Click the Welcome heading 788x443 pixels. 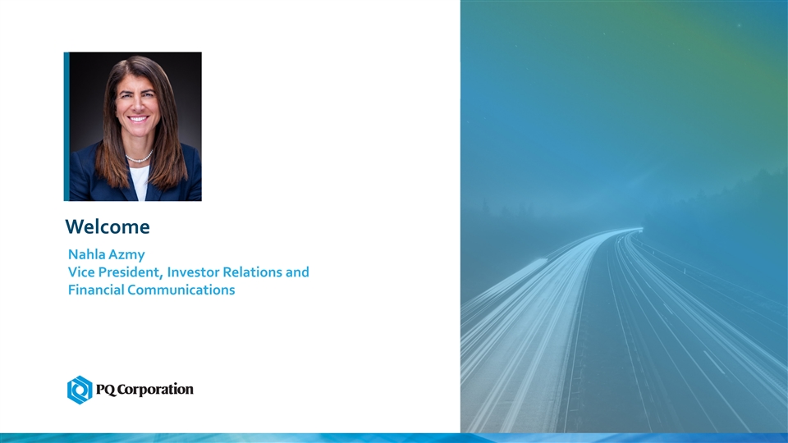(x=108, y=226)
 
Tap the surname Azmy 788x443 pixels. (x=128, y=255)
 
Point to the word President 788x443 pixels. (x=131, y=272)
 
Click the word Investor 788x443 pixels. (x=193, y=272)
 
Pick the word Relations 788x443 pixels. (x=252, y=272)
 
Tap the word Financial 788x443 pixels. (x=96, y=290)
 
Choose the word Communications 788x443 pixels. (x=181, y=290)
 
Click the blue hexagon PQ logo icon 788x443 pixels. (x=80, y=390)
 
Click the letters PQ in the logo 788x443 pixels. (x=106, y=390)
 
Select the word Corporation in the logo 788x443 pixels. (x=155, y=390)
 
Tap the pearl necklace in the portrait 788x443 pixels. (x=139, y=158)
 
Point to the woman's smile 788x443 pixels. (x=138, y=120)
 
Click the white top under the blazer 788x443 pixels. (x=140, y=182)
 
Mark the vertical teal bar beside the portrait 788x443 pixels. (x=66, y=126)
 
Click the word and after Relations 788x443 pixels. (x=297, y=272)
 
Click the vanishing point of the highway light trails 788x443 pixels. (x=639, y=230)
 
